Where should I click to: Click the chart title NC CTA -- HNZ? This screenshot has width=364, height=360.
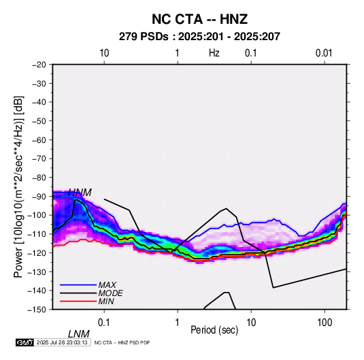199,19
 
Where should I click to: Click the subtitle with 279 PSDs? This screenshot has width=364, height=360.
199,37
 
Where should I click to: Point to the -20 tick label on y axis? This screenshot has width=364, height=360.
39,65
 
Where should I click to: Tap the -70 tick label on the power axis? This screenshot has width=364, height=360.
39,159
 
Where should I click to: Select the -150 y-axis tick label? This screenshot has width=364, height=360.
37,310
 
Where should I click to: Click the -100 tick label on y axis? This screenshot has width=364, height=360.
37,215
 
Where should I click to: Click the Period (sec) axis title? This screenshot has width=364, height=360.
214,330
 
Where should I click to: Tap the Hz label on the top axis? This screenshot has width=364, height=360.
214,53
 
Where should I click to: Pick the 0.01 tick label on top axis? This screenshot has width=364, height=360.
324,53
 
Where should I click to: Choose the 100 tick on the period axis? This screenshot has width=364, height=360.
325,323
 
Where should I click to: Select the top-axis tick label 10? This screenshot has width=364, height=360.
104,53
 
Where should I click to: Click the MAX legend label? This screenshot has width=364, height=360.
107,285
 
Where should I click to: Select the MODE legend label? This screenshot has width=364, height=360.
110,293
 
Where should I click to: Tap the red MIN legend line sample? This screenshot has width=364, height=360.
78,301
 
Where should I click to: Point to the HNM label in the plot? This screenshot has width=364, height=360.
80,193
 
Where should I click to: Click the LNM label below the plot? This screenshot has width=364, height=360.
79,334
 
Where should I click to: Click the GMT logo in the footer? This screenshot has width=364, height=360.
25,342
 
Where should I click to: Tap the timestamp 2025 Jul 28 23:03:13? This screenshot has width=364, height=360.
62,342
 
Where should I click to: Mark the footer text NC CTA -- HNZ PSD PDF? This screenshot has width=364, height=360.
122,342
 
